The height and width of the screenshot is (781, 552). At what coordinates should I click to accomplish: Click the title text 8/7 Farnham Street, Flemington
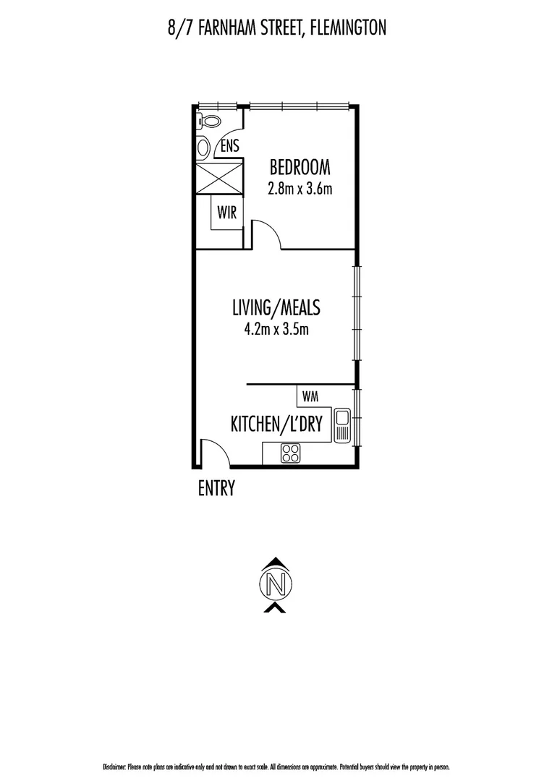click(x=276, y=27)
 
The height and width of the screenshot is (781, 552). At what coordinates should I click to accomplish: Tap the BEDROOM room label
click(x=300, y=168)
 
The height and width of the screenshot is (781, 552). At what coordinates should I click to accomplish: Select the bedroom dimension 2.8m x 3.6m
click(x=300, y=189)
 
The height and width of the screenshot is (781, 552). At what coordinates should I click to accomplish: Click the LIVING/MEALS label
click(x=276, y=308)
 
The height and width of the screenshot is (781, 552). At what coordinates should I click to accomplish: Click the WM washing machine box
click(x=310, y=396)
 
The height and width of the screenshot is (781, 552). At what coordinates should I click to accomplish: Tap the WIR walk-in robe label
click(x=221, y=213)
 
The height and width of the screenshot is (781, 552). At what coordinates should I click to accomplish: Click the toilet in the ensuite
click(x=211, y=121)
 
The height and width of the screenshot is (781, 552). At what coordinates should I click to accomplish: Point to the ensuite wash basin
click(x=203, y=148)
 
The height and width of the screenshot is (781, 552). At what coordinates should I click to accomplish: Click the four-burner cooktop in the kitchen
click(x=290, y=453)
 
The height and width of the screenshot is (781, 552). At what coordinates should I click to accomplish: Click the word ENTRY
click(x=216, y=490)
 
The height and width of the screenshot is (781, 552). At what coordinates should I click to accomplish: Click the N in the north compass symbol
click(x=275, y=583)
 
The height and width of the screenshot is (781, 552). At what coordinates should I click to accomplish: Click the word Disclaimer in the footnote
click(x=114, y=767)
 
